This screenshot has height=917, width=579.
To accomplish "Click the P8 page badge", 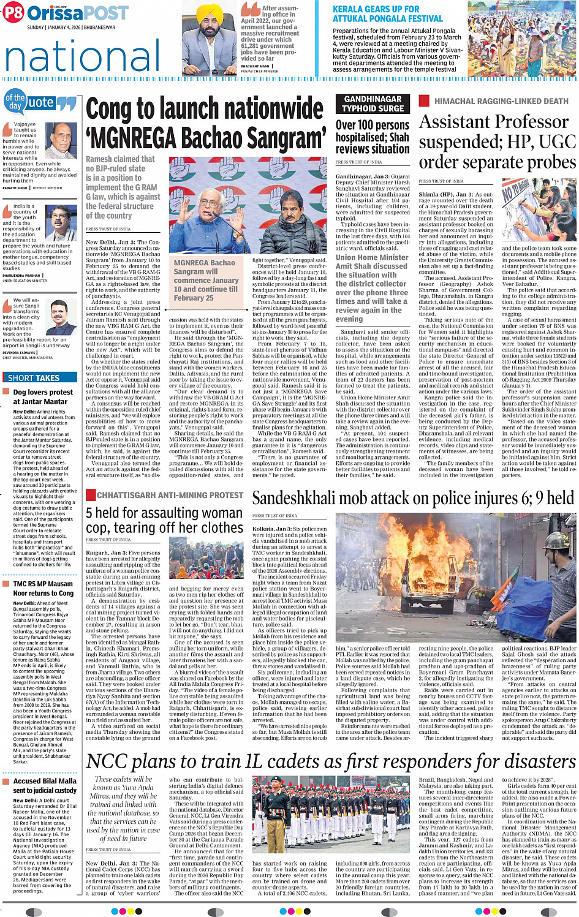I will [13, 12].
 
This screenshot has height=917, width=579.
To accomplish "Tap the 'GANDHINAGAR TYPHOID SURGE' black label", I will [373, 104].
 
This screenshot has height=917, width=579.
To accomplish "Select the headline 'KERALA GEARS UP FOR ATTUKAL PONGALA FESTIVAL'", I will [387, 14].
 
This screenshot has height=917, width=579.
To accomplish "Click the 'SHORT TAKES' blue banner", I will [34, 378].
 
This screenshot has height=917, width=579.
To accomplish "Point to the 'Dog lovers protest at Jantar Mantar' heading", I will [43, 397].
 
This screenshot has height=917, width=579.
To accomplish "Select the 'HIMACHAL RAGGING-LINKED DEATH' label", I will [501, 101].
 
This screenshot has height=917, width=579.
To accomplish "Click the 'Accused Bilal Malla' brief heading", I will [45, 785].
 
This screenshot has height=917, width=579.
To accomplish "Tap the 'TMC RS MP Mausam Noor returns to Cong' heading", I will [43, 589].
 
